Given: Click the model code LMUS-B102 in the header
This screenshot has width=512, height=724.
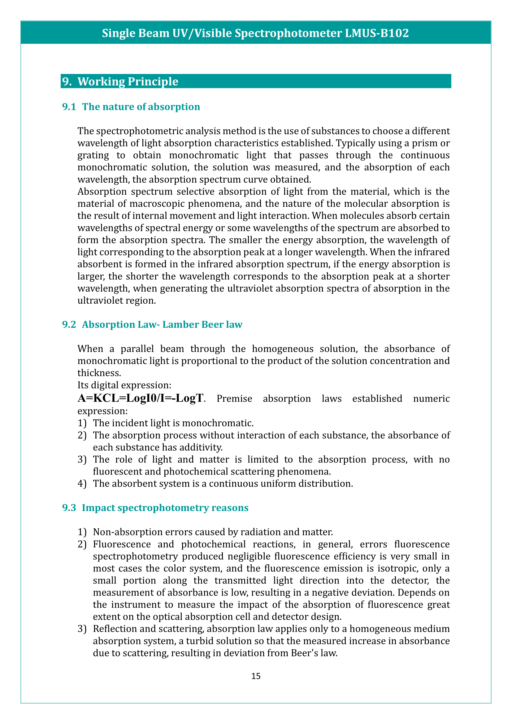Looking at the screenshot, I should pyautogui.click(x=377, y=33).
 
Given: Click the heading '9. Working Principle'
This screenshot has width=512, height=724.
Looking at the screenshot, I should pyautogui.click(x=120, y=81).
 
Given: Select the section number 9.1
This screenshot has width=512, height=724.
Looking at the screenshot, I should pyautogui.click(x=69, y=107).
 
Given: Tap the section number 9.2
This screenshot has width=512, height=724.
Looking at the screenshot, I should pyautogui.click(x=69, y=324).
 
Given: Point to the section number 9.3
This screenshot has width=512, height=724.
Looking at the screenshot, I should pyautogui.click(x=69, y=508).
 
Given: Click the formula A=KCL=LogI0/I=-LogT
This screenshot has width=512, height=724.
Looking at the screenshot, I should pyautogui.click(x=141, y=398).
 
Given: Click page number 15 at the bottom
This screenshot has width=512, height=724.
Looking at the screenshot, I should pyautogui.click(x=256, y=676).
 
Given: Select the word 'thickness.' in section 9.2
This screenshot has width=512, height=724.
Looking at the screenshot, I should pyautogui.click(x=99, y=373).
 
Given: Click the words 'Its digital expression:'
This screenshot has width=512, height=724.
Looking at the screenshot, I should pyautogui.click(x=124, y=385).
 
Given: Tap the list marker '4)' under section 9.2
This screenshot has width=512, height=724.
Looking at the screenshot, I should pyautogui.click(x=82, y=484).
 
